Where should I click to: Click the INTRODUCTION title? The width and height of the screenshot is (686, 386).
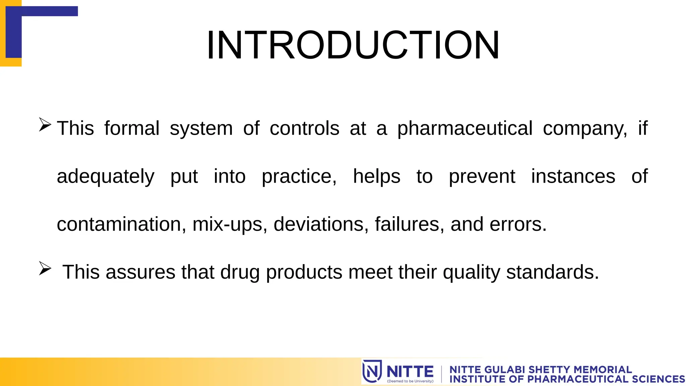coord(353,45)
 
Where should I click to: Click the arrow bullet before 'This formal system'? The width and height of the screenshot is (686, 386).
coord(45,125)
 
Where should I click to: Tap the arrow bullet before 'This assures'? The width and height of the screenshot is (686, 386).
coord(45,268)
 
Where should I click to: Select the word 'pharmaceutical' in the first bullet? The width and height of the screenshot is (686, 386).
coord(465,129)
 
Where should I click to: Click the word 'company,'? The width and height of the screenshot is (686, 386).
coord(585,129)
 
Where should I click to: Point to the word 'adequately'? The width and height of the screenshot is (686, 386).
coord(106,177)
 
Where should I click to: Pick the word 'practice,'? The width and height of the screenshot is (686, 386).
coord(299,177)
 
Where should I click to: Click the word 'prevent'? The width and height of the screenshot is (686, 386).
coord(482,177)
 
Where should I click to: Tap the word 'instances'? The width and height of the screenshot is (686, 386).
coord(573,177)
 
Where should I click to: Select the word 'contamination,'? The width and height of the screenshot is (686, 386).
coord(122,224)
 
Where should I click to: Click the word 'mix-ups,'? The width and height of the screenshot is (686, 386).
coord(230,224)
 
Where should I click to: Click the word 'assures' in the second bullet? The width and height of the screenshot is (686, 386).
coord(140,272)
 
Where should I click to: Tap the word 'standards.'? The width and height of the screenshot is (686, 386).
coord(552,272)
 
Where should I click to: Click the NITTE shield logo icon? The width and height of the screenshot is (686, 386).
coord(372,371)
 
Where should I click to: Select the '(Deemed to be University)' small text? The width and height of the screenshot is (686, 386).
coord(410,381)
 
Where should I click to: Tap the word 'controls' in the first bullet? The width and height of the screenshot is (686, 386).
coord(304,129)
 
